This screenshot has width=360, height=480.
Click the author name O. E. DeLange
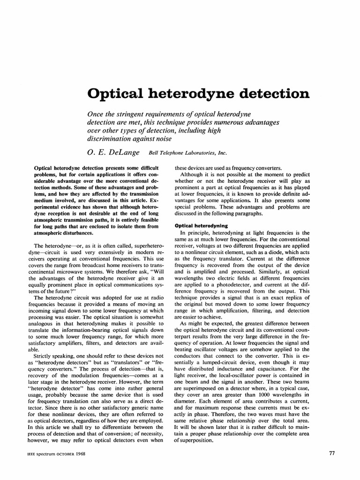pyautogui.click(x=115, y=151)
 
